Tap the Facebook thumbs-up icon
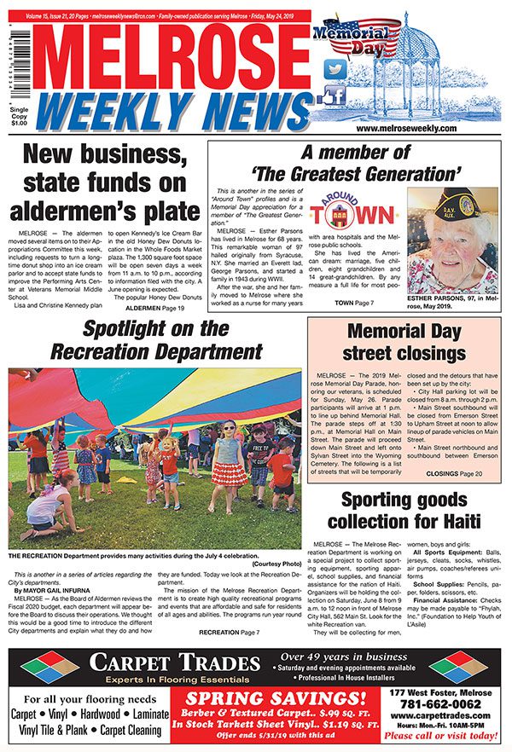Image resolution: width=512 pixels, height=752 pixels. tap(335, 95)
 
